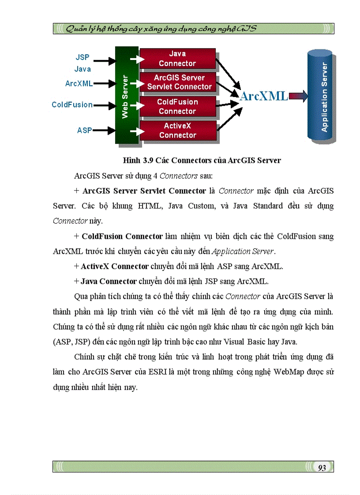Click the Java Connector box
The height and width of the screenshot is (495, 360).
177,59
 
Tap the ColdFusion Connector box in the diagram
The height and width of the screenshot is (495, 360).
177,107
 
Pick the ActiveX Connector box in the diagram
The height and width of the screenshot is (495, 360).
177,130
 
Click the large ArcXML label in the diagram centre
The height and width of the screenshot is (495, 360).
264,96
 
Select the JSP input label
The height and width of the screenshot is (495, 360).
82,57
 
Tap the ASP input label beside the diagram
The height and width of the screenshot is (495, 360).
84,130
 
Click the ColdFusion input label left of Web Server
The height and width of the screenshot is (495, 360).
72,105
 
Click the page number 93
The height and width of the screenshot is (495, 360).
322,468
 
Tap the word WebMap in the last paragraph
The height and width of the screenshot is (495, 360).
288,372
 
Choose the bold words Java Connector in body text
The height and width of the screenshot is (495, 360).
109,281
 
